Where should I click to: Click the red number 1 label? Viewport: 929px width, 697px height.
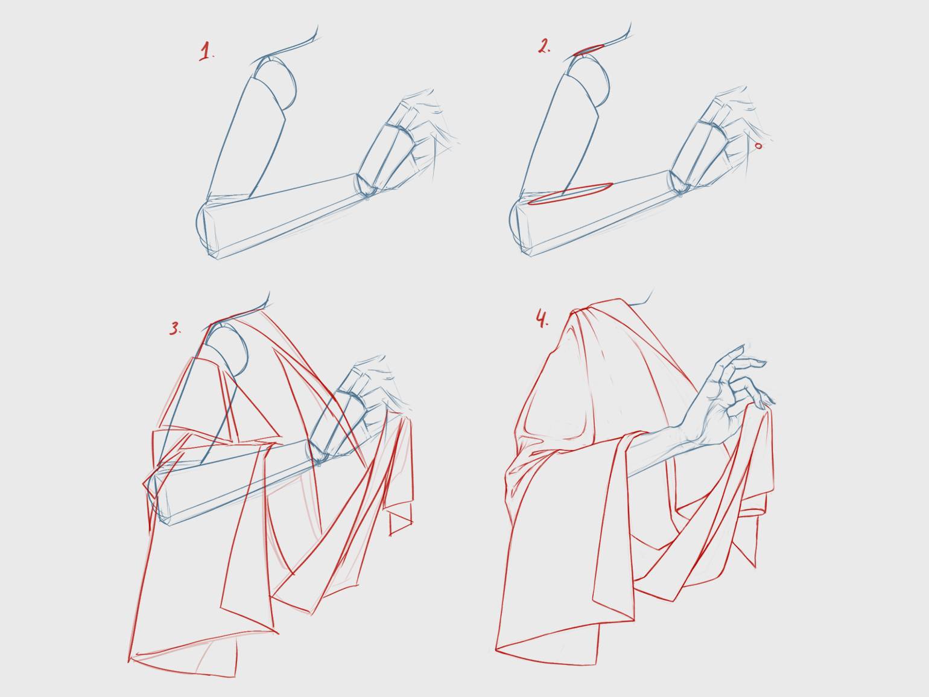(x=206, y=52)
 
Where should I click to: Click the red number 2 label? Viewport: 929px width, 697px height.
(x=544, y=46)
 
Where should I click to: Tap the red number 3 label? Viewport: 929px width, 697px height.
(x=175, y=328)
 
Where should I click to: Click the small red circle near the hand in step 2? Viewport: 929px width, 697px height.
(x=758, y=146)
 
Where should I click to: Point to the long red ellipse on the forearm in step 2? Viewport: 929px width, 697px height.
(x=570, y=194)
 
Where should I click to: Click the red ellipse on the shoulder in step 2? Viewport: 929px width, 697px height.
(x=589, y=50)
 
